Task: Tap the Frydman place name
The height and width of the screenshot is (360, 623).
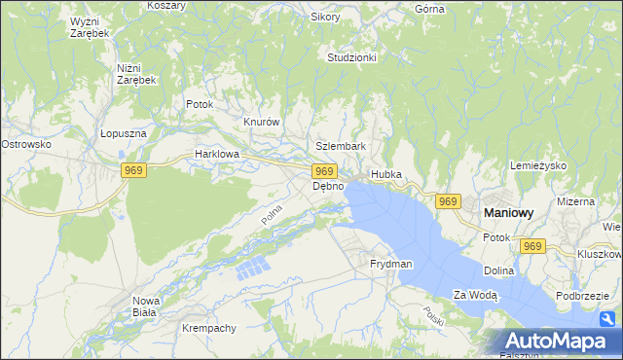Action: click(x=391, y=264)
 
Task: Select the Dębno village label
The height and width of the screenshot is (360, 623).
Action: click(x=328, y=186)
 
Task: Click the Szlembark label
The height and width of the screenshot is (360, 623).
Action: click(x=341, y=146)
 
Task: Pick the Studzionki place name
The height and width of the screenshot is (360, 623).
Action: click(x=351, y=57)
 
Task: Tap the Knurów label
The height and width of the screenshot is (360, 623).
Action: click(x=261, y=122)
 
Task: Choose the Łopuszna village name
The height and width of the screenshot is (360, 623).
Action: click(x=123, y=134)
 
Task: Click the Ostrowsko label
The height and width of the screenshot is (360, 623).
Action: click(x=25, y=144)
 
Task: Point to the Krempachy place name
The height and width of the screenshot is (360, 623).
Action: click(x=209, y=328)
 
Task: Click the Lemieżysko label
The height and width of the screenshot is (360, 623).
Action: click(x=538, y=165)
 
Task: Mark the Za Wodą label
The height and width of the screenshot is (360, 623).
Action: click(x=475, y=294)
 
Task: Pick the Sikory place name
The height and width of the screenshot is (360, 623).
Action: click(x=325, y=17)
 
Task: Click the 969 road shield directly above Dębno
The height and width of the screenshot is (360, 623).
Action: click(x=326, y=170)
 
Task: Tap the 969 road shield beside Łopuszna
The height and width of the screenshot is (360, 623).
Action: click(x=134, y=170)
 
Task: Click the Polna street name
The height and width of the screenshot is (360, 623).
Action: click(x=272, y=214)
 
